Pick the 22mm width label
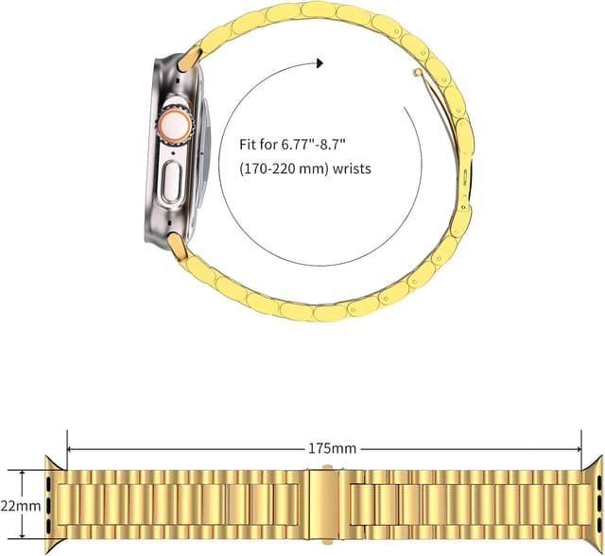click(x=23, y=505)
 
